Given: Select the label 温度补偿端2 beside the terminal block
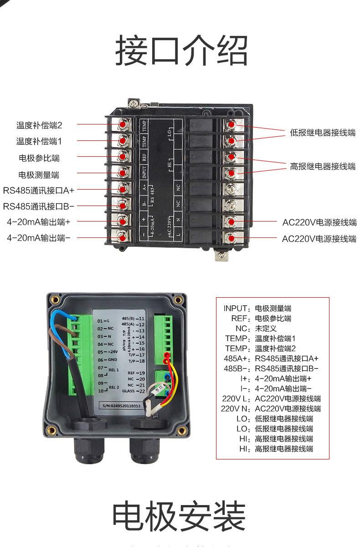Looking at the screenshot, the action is click(x=39, y=124).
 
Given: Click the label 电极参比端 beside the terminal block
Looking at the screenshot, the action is click(x=39, y=158).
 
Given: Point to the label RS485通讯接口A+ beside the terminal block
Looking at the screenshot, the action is click(x=39, y=190).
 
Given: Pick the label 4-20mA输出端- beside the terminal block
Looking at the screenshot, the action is click(x=39, y=237).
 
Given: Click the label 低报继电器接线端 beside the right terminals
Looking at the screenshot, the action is click(x=323, y=133).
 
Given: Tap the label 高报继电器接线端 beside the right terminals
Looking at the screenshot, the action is click(x=323, y=166).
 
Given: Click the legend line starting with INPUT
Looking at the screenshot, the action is click(x=257, y=308).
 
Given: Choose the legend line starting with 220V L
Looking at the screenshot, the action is click(x=271, y=398).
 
